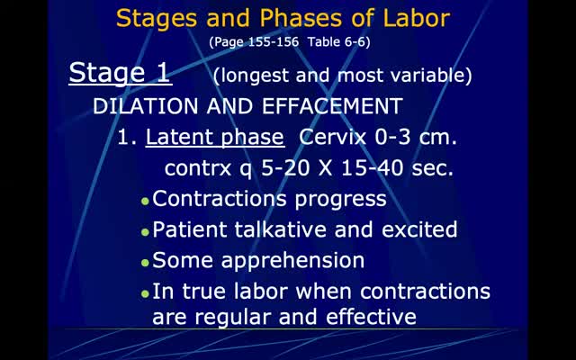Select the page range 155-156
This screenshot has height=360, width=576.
tap(274, 42)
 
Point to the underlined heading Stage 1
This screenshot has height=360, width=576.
tap(120, 74)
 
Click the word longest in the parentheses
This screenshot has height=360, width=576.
tap(255, 76)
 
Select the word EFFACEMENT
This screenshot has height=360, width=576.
tap(332, 106)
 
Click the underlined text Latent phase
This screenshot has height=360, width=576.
tap(215, 138)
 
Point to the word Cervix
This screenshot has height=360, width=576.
tap(333, 137)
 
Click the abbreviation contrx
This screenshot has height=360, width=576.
tap(198, 168)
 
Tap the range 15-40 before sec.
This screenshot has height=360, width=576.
tap(373, 168)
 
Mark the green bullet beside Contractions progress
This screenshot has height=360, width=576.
tap(145, 202)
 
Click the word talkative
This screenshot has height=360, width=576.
tap(281, 229)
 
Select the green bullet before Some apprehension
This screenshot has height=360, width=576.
tap(145, 263)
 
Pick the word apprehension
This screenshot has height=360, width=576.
tap(292, 261)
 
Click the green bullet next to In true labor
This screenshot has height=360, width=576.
tap(145, 293)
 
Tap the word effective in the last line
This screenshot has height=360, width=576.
tap(371, 317)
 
